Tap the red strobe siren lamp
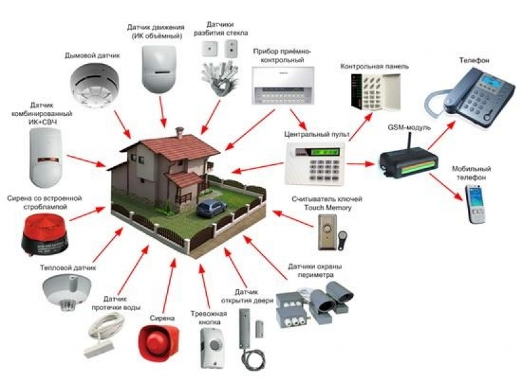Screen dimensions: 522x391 click(x=44, y=235)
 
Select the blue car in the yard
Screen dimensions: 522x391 click(x=211, y=208)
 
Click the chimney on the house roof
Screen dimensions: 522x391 click(x=179, y=133)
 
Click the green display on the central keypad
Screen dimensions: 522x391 click(x=325, y=152)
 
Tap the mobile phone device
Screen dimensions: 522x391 click(x=476, y=205)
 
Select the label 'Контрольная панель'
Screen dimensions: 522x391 click(x=374, y=66)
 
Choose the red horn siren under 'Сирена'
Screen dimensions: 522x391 click(x=159, y=343)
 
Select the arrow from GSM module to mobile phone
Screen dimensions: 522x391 click(x=446, y=187)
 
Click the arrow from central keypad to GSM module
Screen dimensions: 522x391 click(x=361, y=164)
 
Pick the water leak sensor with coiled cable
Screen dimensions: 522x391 click(x=104, y=335)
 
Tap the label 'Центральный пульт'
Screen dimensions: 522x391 click(x=317, y=134)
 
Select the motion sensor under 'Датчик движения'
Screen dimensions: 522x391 click(x=159, y=69)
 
